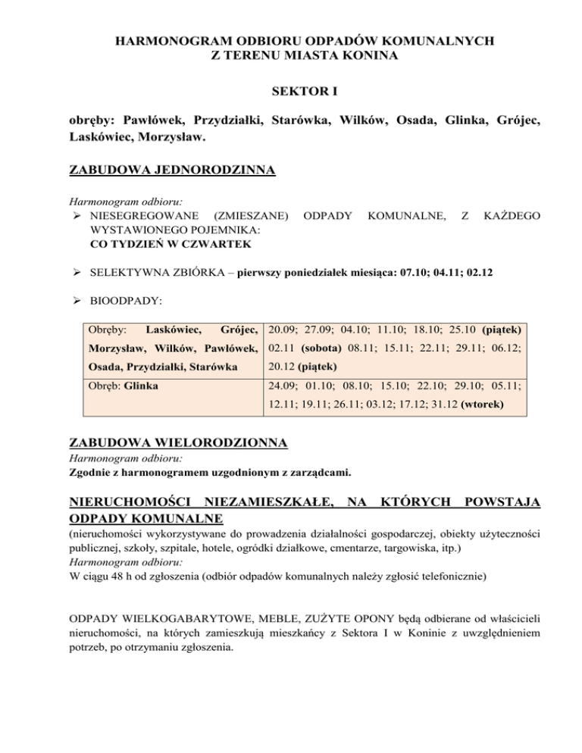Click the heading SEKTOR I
click(291, 92)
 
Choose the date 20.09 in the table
click(282, 330)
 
